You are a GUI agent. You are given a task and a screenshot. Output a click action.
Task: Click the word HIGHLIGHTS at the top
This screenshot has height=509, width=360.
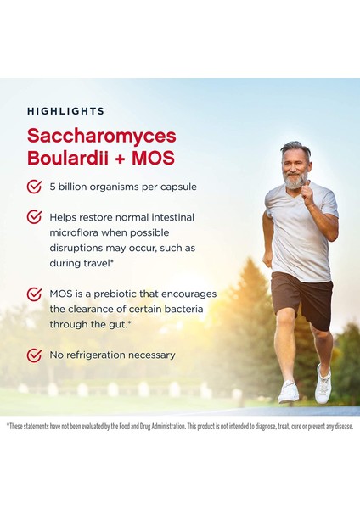[x=65, y=111]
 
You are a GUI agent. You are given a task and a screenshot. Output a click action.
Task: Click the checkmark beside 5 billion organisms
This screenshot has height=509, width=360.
[x=35, y=187]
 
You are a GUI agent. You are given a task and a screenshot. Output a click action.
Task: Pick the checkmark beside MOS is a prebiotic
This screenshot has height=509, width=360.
[x=35, y=294]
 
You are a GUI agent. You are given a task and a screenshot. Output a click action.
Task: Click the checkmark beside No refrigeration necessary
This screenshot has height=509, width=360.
[x=35, y=355]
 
